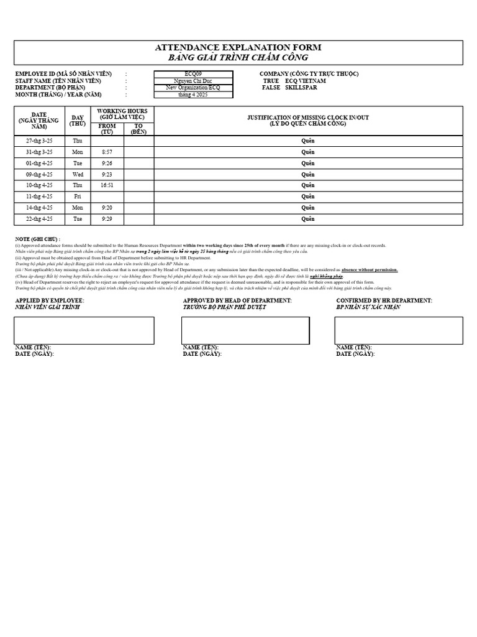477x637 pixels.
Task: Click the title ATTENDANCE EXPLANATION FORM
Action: point(238,48)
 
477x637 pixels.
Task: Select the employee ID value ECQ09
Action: point(193,73)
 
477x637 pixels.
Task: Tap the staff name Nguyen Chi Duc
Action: point(193,81)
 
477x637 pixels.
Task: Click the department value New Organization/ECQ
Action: point(193,88)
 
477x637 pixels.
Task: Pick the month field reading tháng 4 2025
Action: point(193,95)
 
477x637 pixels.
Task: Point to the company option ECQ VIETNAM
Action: point(305,81)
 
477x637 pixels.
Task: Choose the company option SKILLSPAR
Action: point(301,88)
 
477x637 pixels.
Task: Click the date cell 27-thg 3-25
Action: point(39,141)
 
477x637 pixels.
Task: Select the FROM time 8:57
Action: point(107,152)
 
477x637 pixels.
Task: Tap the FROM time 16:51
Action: point(107,185)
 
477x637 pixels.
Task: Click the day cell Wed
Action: point(78,174)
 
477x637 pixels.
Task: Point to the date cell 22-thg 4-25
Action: point(39,219)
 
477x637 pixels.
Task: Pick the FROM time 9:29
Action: point(107,219)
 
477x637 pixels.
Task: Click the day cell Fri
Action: point(78,197)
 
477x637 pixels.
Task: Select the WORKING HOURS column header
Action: point(122,113)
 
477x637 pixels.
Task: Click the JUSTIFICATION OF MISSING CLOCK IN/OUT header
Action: point(308,120)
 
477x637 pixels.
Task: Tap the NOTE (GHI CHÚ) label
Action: point(37,239)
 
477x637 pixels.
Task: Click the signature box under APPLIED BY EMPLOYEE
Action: point(84,330)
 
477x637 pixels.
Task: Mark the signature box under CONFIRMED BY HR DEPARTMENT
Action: point(399,330)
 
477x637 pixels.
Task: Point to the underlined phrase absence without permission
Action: point(369,270)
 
